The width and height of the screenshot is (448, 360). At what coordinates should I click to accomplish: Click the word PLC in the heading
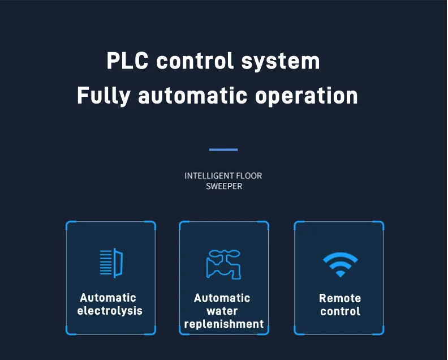click(128, 61)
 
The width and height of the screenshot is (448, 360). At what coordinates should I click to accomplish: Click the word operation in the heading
click(306, 96)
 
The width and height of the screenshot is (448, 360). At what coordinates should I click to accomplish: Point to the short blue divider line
click(223, 150)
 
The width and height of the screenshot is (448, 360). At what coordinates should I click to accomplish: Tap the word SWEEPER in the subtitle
click(224, 186)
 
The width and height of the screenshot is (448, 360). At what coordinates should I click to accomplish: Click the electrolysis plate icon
click(111, 263)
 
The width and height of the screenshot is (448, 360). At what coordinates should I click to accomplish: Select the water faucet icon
click(223, 263)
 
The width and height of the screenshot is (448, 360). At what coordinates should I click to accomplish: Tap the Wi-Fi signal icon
click(340, 264)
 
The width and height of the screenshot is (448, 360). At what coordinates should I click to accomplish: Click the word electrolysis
click(110, 311)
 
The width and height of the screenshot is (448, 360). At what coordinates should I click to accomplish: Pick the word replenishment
click(224, 324)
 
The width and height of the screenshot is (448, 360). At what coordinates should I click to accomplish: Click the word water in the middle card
click(222, 311)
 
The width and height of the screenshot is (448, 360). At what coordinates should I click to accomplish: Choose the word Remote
click(340, 298)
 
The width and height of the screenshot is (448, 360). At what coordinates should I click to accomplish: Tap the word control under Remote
click(340, 311)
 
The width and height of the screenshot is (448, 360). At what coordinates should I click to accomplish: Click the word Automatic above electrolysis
click(108, 298)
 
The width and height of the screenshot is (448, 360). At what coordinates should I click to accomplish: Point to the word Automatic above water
click(222, 298)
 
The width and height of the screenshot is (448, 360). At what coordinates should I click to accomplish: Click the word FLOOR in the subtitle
click(249, 176)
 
